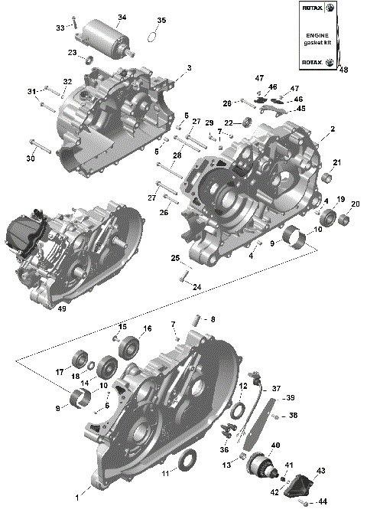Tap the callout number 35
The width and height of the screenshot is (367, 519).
[x=161, y=20]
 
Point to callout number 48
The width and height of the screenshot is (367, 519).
[x=343, y=70]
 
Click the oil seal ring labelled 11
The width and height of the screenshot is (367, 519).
[x=187, y=461]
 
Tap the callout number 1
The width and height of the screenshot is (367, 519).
[x=76, y=497]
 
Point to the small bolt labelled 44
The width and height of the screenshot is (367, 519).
[x=311, y=502]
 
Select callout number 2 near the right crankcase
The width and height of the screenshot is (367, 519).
[x=332, y=129]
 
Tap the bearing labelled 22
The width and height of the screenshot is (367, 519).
[x=249, y=123]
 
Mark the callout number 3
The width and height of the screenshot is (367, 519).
[x=188, y=68]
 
